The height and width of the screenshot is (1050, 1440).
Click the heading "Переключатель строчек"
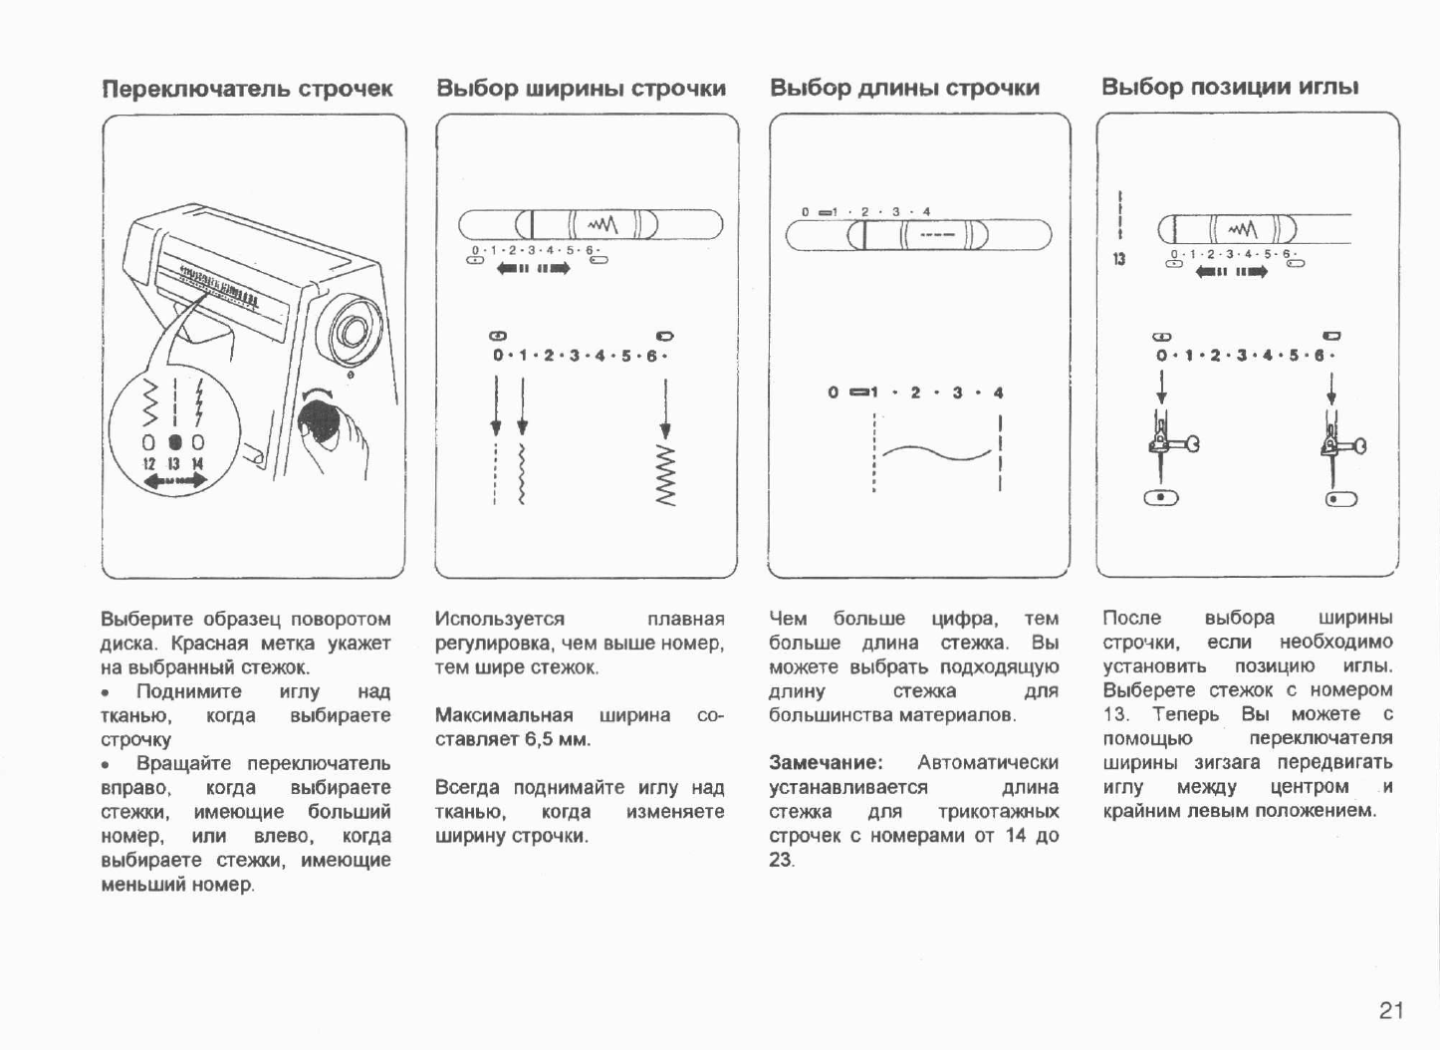tap(248, 89)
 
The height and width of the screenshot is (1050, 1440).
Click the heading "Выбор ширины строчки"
tap(582, 89)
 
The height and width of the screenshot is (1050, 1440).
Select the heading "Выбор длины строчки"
tap(904, 89)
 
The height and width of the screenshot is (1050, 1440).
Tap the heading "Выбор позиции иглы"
tap(1230, 88)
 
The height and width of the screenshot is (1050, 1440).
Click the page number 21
tap(1391, 1011)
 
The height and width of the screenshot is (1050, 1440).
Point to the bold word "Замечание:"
tap(826, 763)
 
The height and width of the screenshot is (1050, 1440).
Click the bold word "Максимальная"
tap(504, 715)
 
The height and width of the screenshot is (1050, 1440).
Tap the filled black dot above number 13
tap(173, 441)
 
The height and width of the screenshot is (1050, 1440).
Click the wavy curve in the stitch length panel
tap(935, 456)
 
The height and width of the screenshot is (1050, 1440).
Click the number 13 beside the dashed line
tap(1119, 260)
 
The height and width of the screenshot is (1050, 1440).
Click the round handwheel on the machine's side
tap(354, 326)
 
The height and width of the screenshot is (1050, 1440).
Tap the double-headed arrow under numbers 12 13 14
tap(174, 481)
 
